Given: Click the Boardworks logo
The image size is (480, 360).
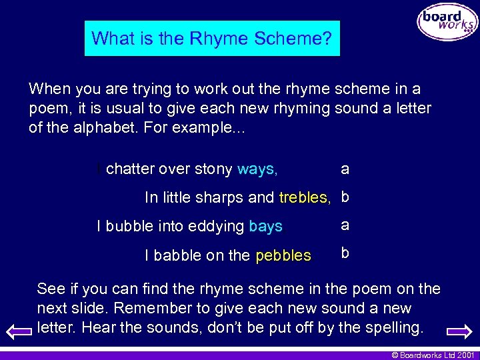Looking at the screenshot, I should click(x=447, y=23).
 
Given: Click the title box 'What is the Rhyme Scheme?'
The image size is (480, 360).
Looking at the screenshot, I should click(x=212, y=38).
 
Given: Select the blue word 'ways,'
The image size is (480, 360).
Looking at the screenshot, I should click(x=257, y=169).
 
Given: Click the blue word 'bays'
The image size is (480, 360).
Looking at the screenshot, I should click(x=265, y=227).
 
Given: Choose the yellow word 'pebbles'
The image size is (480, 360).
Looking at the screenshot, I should click(x=283, y=255).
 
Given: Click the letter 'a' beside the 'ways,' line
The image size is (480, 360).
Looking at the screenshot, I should click(x=345, y=169).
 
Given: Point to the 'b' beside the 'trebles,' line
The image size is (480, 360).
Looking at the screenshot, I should click(x=345, y=197).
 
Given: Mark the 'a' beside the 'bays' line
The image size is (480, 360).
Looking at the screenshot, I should click(x=345, y=225).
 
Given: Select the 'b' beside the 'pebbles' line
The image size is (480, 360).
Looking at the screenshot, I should click(x=345, y=253).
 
